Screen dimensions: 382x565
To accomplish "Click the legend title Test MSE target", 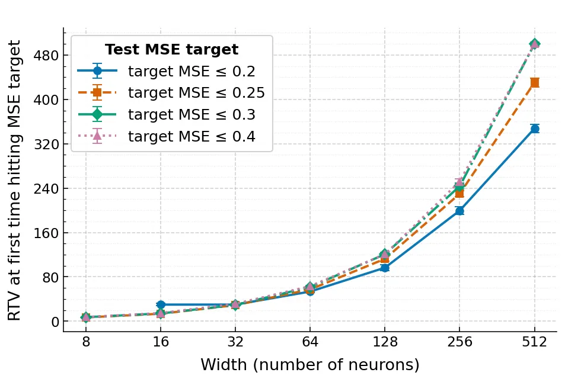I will click(171, 50).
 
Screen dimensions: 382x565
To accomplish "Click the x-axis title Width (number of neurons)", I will click(309, 365).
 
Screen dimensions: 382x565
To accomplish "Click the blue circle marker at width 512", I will click(534, 129).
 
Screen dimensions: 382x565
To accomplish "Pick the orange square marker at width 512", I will click(534, 83).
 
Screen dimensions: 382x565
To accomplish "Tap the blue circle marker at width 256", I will click(459, 211).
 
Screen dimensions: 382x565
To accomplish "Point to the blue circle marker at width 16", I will click(161, 304).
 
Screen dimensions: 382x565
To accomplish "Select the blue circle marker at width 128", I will click(385, 268).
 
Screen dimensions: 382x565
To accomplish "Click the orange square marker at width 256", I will click(459, 193).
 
